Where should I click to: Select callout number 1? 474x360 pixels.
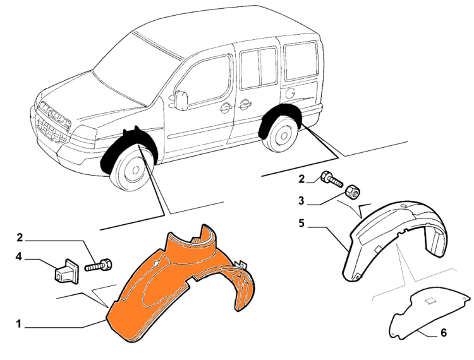pyautogui.click(x=19, y=325)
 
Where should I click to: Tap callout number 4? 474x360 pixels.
pyautogui.click(x=19, y=258)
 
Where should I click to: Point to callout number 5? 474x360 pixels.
pyautogui.click(x=301, y=223)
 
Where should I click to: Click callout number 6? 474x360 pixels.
pyautogui.click(x=444, y=332)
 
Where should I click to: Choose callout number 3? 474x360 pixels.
pyautogui.click(x=301, y=201)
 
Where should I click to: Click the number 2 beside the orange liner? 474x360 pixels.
pyautogui.click(x=20, y=237)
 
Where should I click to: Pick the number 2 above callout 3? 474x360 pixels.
pyautogui.click(x=301, y=179)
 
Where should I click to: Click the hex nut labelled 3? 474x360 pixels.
pyautogui.click(x=351, y=191)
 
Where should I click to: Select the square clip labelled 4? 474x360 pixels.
pyautogui.click(x=67, y=270)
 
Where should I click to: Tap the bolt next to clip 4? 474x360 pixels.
pyautogui.click(x=98, y=265)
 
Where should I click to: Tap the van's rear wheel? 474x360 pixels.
pyautogui.click(x=281, y=134)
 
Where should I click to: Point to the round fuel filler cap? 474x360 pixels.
pyautogui.click(x=290, y=93)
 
